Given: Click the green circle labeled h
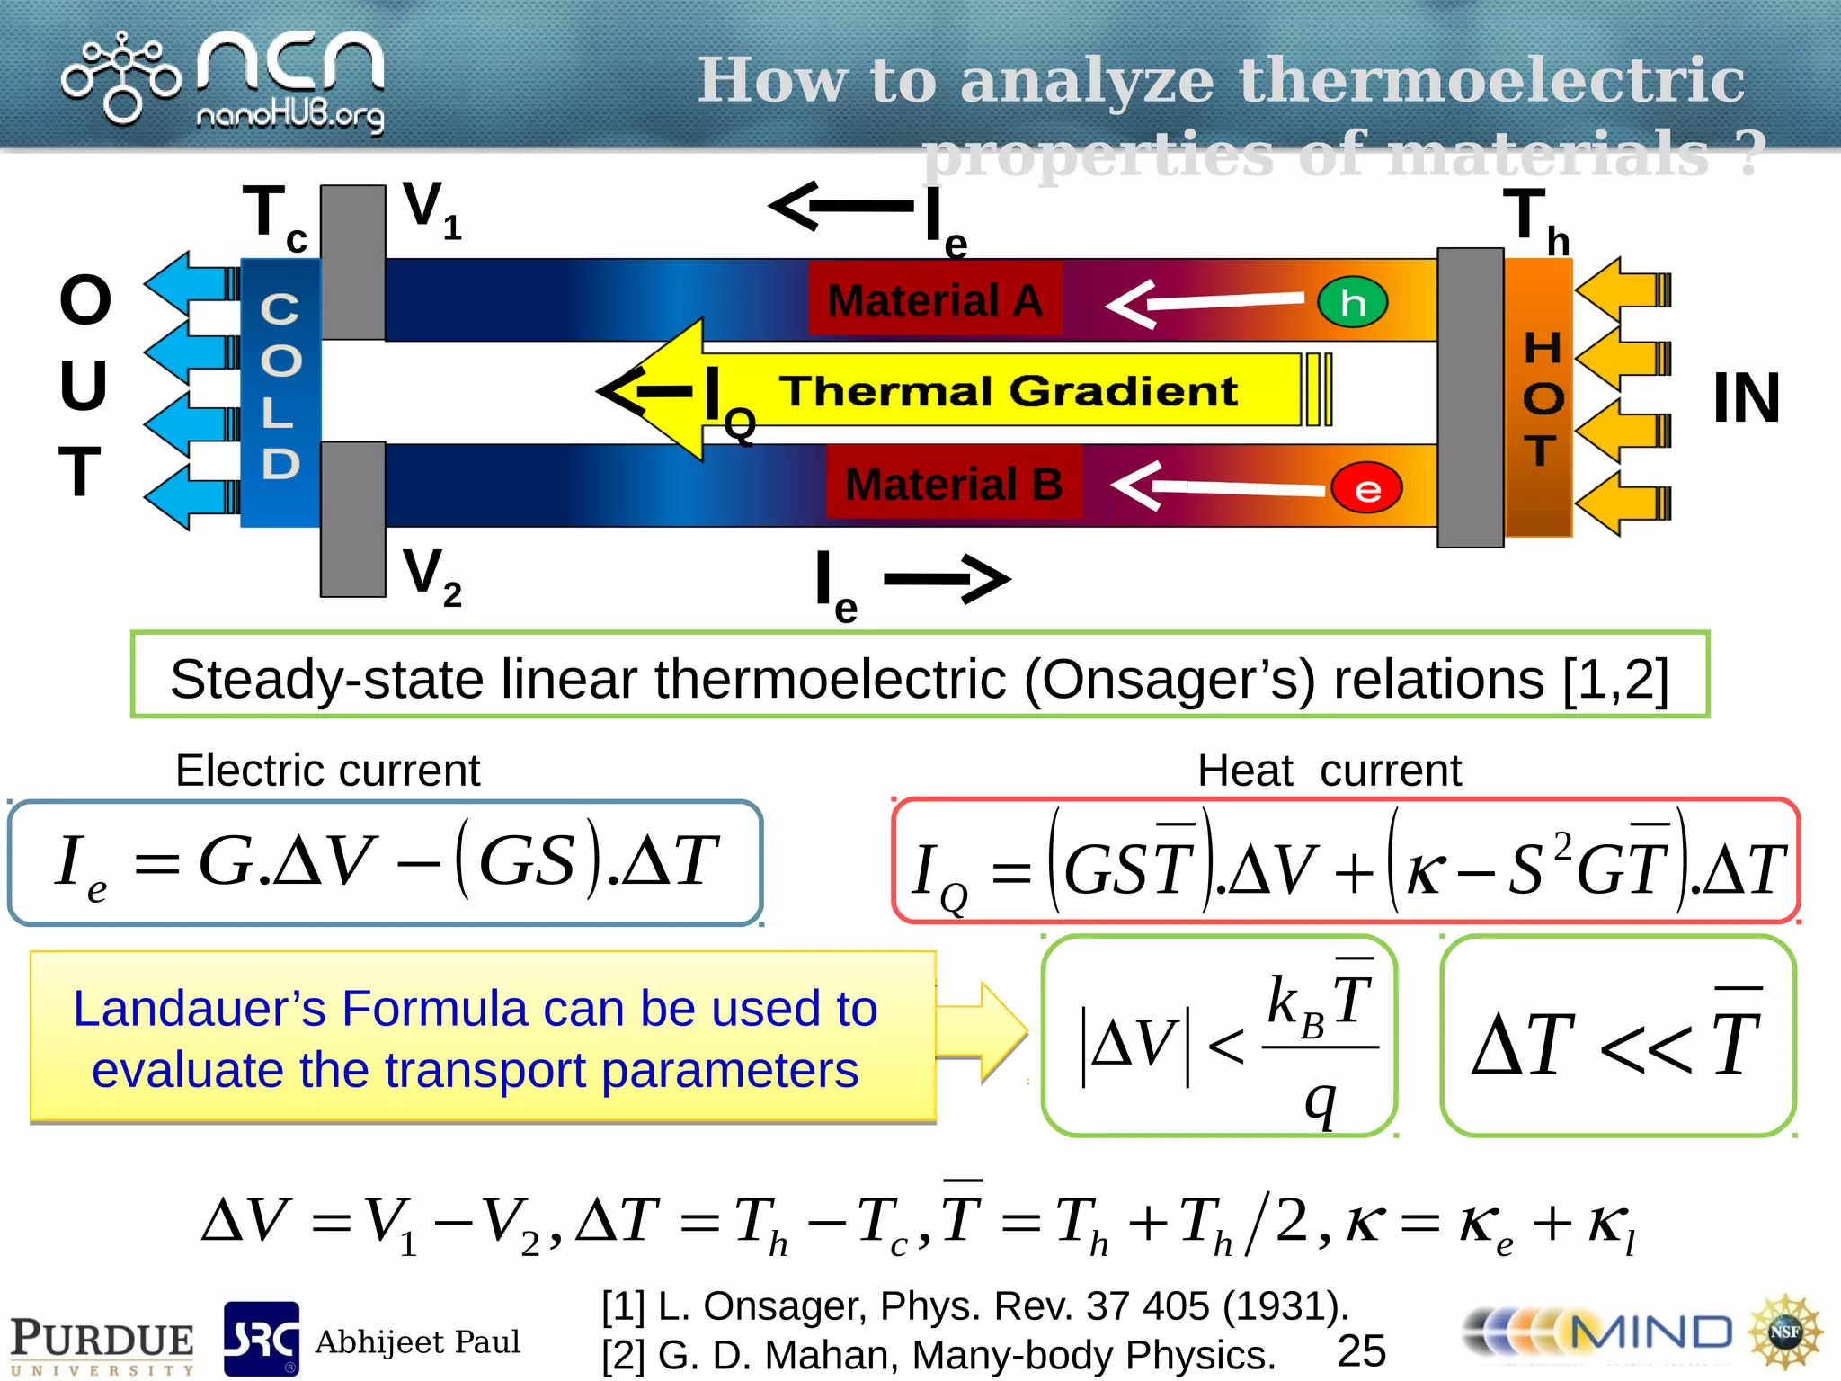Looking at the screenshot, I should pyautogui.click(x=1352, y=303).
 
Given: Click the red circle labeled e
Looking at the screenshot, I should pyautogui.click(x=1366, y=489).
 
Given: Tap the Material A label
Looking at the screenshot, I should pyautogui.click(x=935, y=300).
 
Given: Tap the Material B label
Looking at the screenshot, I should pyautogui.click(x=954, y=484).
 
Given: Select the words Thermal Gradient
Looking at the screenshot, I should pyautogui.click(x=1008, y=391).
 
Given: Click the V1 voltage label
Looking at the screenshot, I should pyautogui.click(x=431, y=209).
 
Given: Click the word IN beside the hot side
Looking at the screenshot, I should pyautogui.click(x=1746, y=397).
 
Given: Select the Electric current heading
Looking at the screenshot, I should pyautogui.click(x=327, y=771).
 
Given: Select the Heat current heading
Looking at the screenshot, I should pyautogui.click(x=1329, y=771).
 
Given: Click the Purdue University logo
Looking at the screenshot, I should pyautogui.click(x=102, y=1344).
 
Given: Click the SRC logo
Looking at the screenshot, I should pyautogui.click(x=261, y=1339).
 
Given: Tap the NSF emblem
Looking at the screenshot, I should pyautogui.click(x=1783, y=1332).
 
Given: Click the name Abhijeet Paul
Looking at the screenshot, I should pyautogui.click(x=417, y=1341).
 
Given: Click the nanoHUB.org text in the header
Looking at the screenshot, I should pyautogui.click(x=289, y=116).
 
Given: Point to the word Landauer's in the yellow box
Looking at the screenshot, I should pyautogui.click(x=199, y=1009).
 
